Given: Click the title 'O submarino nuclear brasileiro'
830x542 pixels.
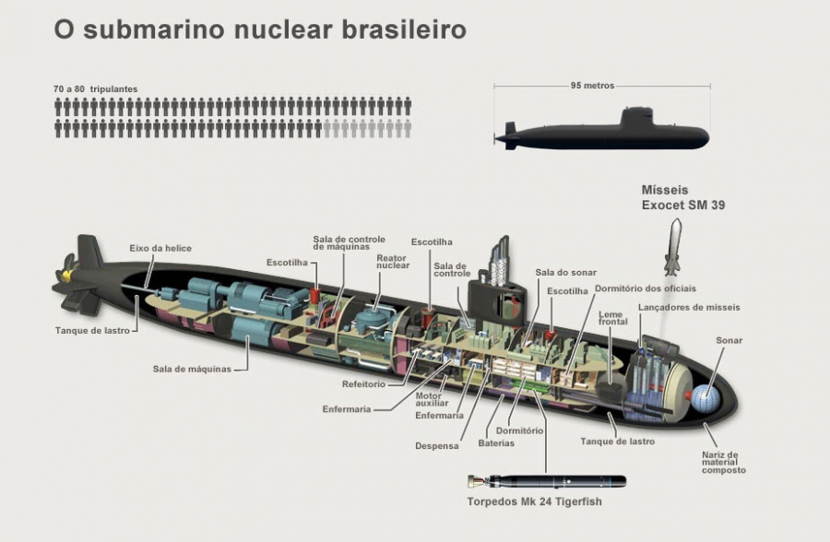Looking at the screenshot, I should [259, 29].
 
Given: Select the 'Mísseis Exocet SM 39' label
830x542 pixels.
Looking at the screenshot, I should [683, 197].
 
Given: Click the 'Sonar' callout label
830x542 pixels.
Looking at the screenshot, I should [729, 340].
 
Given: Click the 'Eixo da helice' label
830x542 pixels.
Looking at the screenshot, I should [160, 248].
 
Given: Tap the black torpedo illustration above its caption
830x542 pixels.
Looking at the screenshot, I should [546, 481].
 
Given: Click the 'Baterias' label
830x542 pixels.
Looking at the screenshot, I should [496, 443].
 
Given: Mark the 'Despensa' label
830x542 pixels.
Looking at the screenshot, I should [436, 446].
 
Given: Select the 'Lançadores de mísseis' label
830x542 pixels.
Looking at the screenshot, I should [689, 307].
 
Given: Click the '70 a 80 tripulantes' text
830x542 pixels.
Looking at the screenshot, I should [96, 89].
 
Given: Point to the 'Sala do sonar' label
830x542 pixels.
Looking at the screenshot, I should [566, 273].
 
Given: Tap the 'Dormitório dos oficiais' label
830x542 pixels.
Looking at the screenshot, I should [644, 289].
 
